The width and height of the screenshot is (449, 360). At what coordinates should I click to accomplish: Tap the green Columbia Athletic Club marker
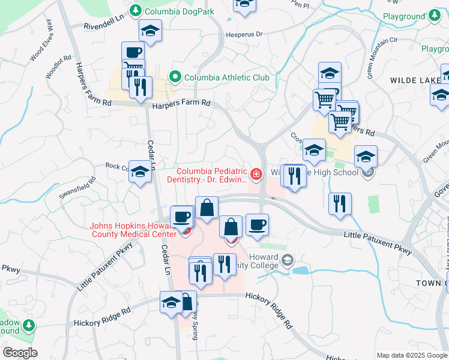tap(175, 77)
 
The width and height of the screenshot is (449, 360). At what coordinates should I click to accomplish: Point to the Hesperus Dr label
tap(244, 35)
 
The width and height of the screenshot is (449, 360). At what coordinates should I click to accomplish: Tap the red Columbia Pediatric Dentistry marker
tap(256, 174)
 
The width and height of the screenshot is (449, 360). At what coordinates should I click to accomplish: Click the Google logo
tap(20, 353)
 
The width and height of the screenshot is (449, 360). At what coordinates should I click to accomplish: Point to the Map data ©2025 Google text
tap(411, 355)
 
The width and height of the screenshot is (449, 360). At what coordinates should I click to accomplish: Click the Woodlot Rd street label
tap(58, 68)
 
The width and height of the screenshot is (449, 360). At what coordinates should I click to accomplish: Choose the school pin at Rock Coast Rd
tap(140, 172)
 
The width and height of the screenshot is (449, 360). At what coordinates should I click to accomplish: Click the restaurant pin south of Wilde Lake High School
tap(340, 203)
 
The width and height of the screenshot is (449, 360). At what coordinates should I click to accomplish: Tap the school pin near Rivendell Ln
tap(150, 31)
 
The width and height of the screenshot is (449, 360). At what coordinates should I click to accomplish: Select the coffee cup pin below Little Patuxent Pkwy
tap(257, 224)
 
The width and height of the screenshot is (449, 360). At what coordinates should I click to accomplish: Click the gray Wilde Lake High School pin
tap(369, 173)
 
